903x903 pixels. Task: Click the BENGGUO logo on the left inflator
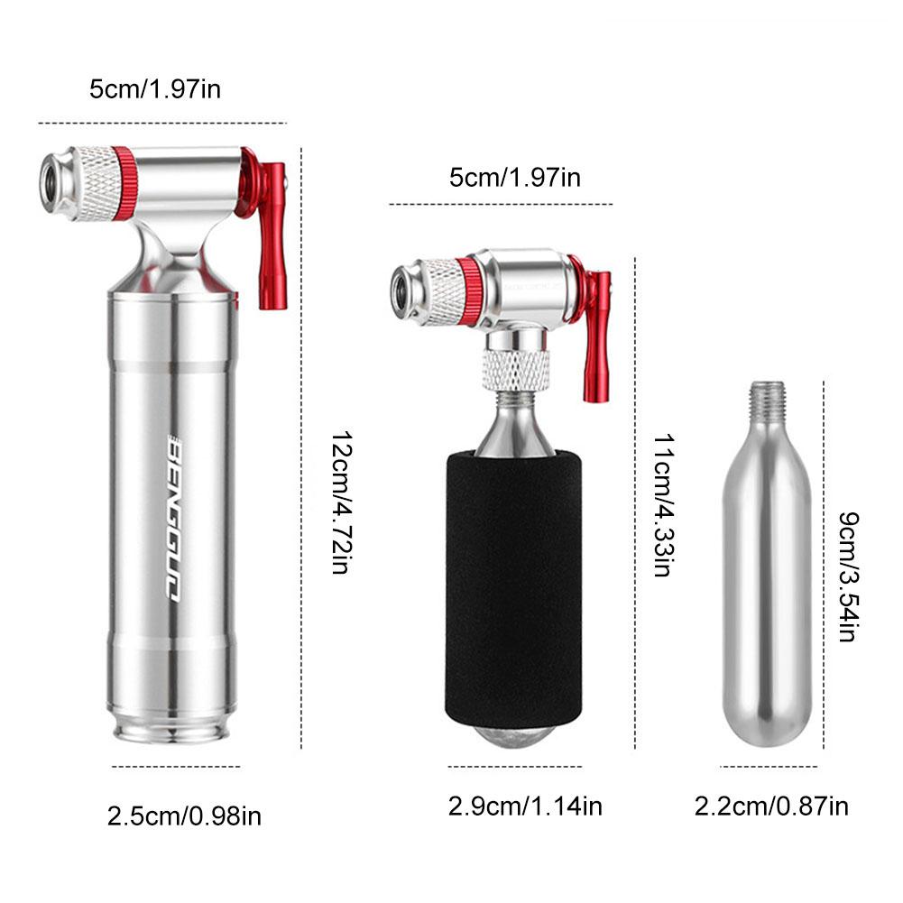tap(174, 519)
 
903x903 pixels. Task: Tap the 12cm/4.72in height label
tap(340, 502)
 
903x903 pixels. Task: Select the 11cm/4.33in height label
tap(663, 505)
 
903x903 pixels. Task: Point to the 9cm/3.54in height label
tap(848, 576)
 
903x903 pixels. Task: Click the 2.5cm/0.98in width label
tap(184, 816)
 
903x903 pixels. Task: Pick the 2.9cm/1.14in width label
tap(525, 806)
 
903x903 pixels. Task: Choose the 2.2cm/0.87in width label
tap(771, 806)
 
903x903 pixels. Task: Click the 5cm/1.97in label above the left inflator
tap(155, 89)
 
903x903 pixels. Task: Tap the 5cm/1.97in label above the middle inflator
tap(515, 177)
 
